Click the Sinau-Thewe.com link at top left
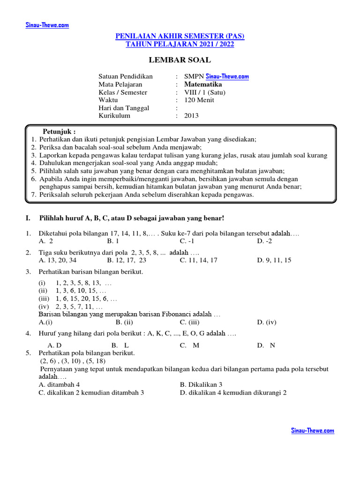pyautogui.click(x=47, y=25)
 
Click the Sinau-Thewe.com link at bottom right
pyautogui.click(x=313, y=431)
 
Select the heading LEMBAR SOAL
pyautogui.click(x=180, y=60)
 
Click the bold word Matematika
pyautogui.click(x=203, y=84)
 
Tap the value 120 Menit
pyautogui.click(x=199, y=100)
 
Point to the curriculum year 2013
pyautogui.click(x=191, y=116)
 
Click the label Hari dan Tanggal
pyautogui.click(x=124, y=108)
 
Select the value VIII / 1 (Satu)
pyautogui.click(x=205, y=92)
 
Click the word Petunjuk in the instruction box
pyautogui.click(x=59, y=131)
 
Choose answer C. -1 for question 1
pyautogui.click(x=187, y=241)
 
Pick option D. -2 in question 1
pyautogui.click(x=264, y=241)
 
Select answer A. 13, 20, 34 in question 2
pyautogui.click(x=58, y=260)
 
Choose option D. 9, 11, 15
pyautogui.click(x=274, y=260)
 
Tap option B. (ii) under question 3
pyautogui.click(x=125, y=322)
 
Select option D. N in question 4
pyautogui.click(x=266, y=345)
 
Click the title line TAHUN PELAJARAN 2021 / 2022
pyautogui.click(x=180, y=44)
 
